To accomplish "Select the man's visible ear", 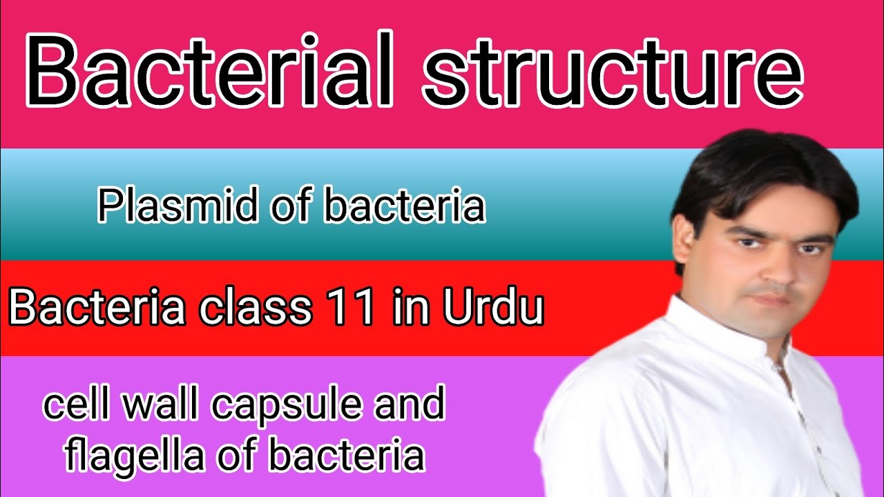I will (x=685, y=246).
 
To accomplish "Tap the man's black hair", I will (x=760, y=173).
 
